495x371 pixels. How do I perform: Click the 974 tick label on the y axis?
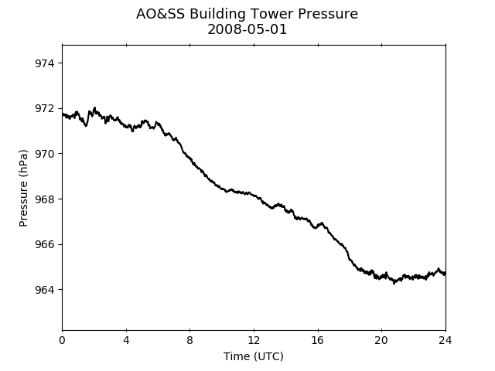click(x=45, y=63)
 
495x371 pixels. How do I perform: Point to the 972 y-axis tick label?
click(x=45, y=108)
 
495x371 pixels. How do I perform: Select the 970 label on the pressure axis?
click(x=45, y=154)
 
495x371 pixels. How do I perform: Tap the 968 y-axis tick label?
click(x=45, y=199)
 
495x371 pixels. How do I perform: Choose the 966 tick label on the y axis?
click(x=45, y=244)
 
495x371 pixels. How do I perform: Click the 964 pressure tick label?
click(x=45, y=290)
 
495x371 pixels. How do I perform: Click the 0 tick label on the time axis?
click(x=62, y=340)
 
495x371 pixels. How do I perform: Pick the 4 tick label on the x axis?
click(x=126, y=340)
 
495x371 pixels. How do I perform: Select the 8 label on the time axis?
click(x=190, y=340)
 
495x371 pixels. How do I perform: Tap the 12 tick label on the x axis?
click(x=254, y=340)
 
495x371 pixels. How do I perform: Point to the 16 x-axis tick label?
click(x=318, y=340)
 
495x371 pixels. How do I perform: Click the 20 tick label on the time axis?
click(x=381, y=340)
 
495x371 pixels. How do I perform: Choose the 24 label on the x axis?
click(x=445, y=340)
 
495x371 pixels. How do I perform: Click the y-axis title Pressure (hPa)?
click(x=23, y=189)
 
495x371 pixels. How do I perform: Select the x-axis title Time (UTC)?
click(x=254, y=356)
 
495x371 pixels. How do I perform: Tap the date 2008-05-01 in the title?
click(x=247, y=29)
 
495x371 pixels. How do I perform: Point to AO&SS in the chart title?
click(x=160, y=14)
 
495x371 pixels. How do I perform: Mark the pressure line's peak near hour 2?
click(x=94, y=107)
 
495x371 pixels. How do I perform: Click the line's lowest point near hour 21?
click(x=394, y=283)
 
